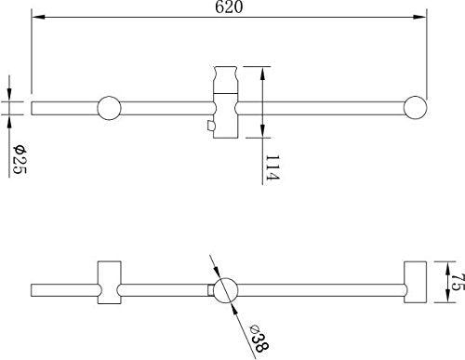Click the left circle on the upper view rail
(x=109, y=109)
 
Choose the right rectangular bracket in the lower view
(x=414, y=282)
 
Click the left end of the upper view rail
(x=33, y=109)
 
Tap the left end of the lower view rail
(x=33, y=290)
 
